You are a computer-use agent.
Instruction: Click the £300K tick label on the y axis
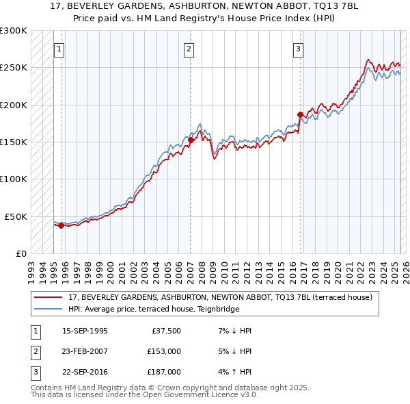point(14,31)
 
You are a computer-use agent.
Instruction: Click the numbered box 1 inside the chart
point(60,49)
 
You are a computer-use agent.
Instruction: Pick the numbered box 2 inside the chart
point(189,49)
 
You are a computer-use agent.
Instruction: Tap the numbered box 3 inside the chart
point(299,49)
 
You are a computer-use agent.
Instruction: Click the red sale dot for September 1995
point(61,225)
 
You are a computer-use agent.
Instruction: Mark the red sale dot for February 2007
point(191,140)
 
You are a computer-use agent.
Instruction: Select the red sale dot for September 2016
point(299,114)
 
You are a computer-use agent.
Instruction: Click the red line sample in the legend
point(48,297)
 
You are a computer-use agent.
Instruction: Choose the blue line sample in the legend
point(48,309)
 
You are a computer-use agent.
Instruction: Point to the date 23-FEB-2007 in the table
point(85,351)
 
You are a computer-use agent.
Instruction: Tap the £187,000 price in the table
point(164,372)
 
